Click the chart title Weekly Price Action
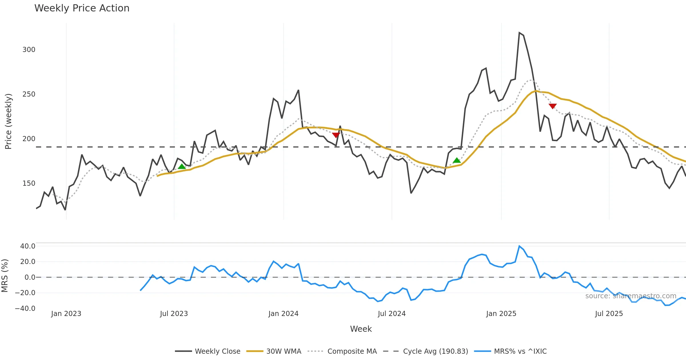pyautogui.click(x=82, y=8)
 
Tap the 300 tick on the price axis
pyautogui.click(x=29, y=50)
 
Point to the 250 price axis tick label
pyautogui.click(x=29, y=94)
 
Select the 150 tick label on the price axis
pyautogui.click(x=29, y=183)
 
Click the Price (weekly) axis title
pyautogui.click(x=8, y=121)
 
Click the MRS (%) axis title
pyautogui.click(x=5, y=276)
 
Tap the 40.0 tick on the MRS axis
pyautogui.click(x=28, y=246)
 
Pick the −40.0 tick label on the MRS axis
pyautogui.click(x=25, y=309)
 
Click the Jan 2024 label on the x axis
pyautogui.click(x=283, y=314)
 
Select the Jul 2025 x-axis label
pyautogui.click(x=609, y=314)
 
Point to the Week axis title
pyautogui.click(x=361, y=329)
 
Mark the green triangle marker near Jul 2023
pyautogui.click(x=182, y=167)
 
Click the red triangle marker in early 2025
pyautogui.click(x=553, y=106)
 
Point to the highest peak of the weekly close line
pyautogui.click(x=519, y=33)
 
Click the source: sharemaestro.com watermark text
pyautogui.click(x=631, y=296)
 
